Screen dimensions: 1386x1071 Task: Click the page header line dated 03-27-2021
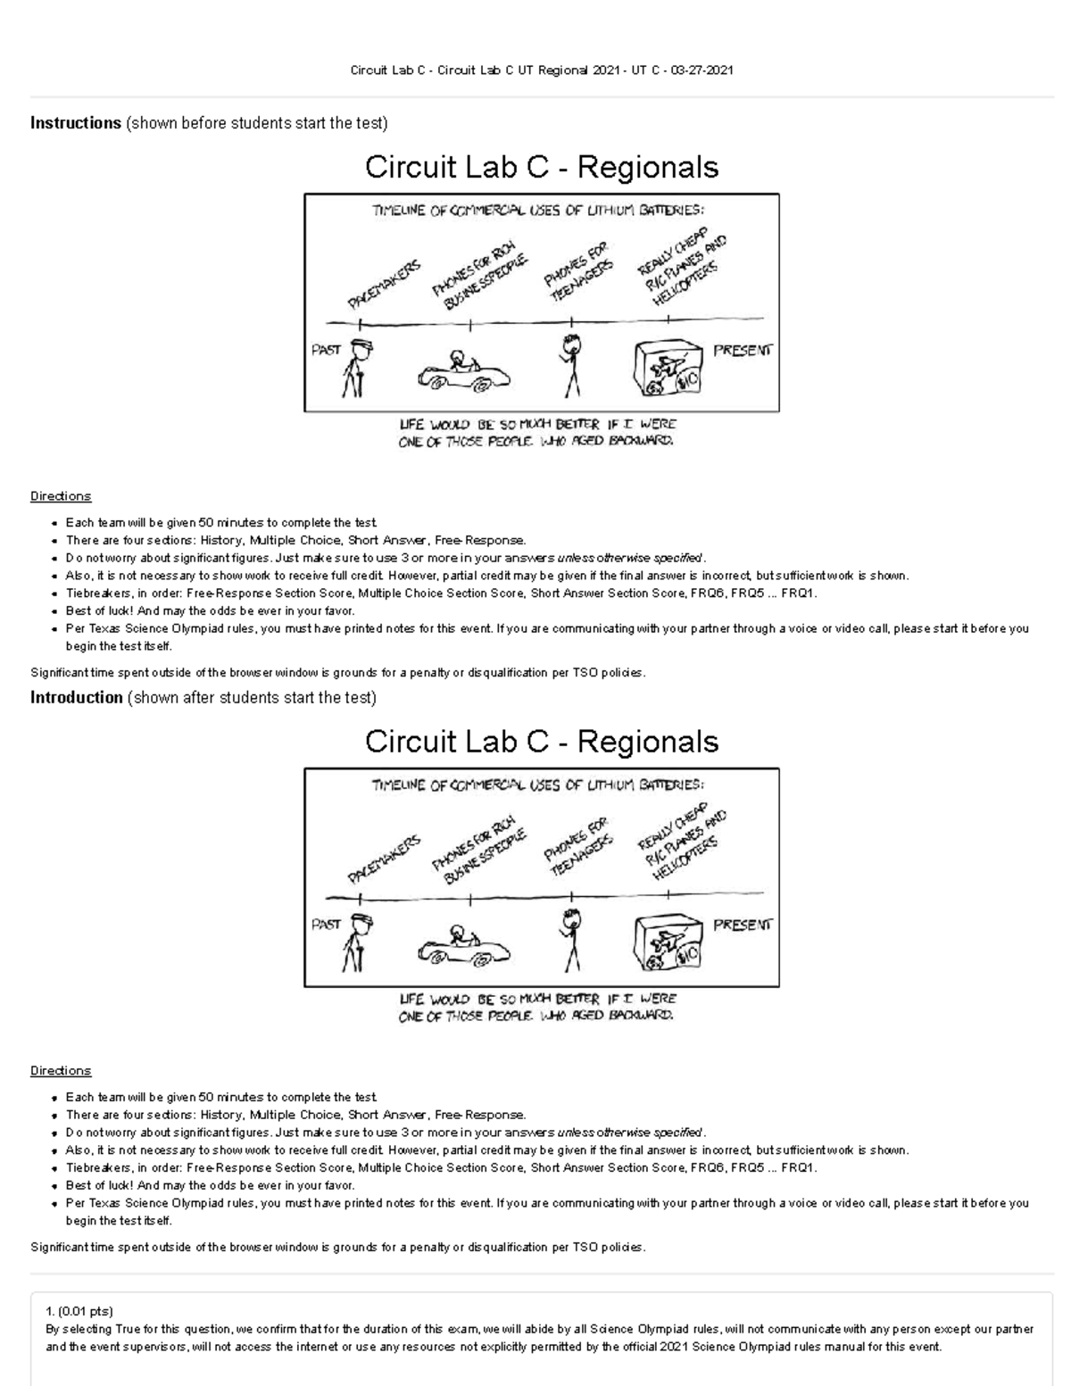pos(542,71)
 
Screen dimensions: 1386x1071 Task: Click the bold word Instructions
pos(75,123)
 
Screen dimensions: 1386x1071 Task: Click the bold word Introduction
pos(76,698)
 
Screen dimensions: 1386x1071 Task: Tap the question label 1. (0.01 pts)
pos(79,1311)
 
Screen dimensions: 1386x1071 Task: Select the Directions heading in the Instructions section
pos(61,496)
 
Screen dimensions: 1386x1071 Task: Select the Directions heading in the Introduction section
pos(61,1071)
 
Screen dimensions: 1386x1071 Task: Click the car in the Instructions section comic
pos(463,371)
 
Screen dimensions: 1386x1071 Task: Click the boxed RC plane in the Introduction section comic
pos(668,944)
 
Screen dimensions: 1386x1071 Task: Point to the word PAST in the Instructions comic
pos(326,350)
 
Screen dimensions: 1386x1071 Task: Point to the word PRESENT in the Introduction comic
pos(742,925)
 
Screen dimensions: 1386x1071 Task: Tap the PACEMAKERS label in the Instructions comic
pos(383,285)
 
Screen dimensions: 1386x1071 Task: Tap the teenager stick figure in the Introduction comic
pos(570,940)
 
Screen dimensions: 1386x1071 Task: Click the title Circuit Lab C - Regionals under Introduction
pos(542,742)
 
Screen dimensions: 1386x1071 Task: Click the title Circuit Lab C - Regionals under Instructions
pos(542,167)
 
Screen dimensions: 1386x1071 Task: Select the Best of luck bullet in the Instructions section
pos(210,611)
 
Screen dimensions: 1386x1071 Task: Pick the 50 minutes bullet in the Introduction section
pos(221,1097)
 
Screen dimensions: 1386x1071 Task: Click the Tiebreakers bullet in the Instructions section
pos(441,593)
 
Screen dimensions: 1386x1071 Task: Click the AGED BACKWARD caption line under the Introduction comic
pos(535,1016)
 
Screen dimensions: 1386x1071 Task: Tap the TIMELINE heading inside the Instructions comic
pos(537,211)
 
